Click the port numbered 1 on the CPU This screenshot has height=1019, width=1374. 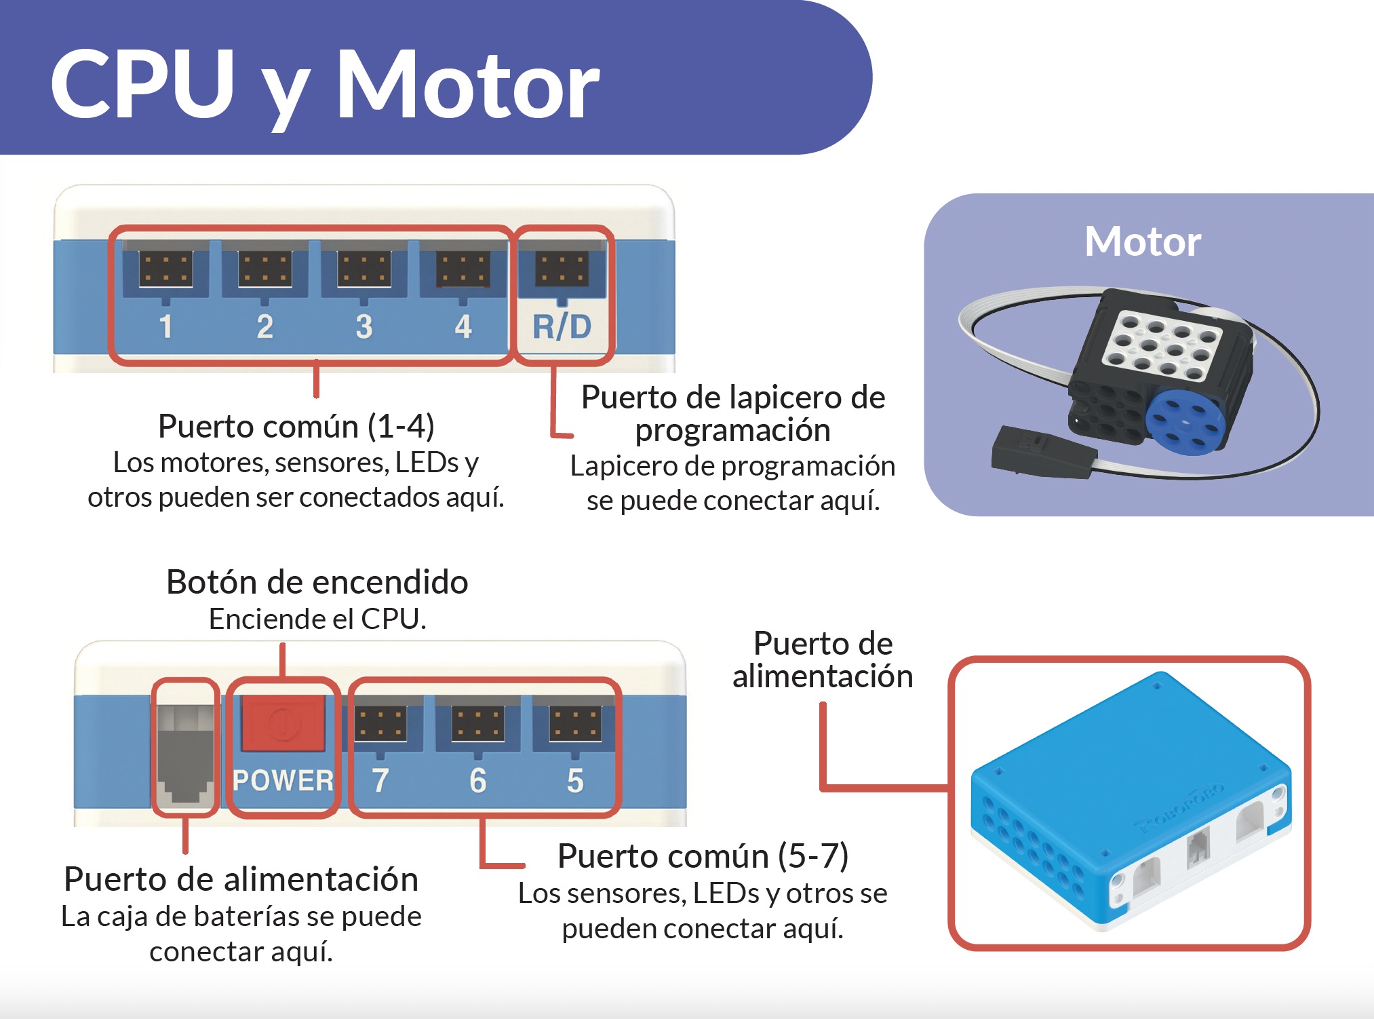pyautogui.click(x=165, y=269)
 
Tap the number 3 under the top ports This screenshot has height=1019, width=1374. pyautogui.click(x=364, y=327)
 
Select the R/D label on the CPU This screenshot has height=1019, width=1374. pyautogui.click(x=562, y=327)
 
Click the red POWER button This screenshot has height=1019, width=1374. pyautogui.click(x=283, y=724)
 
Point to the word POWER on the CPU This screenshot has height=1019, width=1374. pyautogui.click(x=283, y=781)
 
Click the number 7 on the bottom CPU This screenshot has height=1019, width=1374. pyautogui.click(x=380, y=781)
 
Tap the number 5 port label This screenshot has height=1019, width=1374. pyautogui.click(x=575, y=781)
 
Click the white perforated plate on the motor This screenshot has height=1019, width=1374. pyautogui.click(x=1161, y=345)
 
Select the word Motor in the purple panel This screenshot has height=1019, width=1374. pyautogui.click(x=1143, y=242)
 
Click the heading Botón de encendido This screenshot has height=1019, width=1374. pyautogui.click(x=317, y=582)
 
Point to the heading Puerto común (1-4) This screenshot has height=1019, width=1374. pyautogui.click(x=296, y=426)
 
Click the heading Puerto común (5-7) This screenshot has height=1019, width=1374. pyautogui.click(x=703, y=855)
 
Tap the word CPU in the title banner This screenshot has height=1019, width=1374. pyautogui.click(x=142, y=84)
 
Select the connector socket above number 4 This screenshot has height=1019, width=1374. pyautogui.click(x=463, y=269)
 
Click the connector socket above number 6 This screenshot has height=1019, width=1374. pyautogui.click(x=477, y=723)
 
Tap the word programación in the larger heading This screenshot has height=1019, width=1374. pyautogui.click(x=732, y=430)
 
